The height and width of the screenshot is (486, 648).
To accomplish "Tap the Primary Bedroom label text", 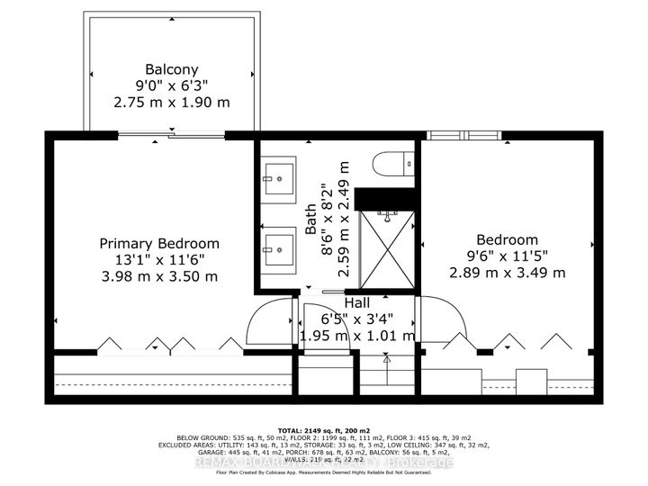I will tap(158, 243).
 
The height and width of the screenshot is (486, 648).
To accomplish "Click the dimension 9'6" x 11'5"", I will tap(508, 256).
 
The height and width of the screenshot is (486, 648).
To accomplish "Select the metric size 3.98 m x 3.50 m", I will tap(158, 276).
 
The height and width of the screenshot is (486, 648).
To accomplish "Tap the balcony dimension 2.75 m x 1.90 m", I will tap(171, 102).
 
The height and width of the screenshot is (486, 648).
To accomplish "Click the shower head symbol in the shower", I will tap(387, 215).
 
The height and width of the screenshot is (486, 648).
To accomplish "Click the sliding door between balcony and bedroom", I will tap(171, 136).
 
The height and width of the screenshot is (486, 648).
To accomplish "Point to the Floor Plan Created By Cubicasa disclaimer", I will tap(324, 474).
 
